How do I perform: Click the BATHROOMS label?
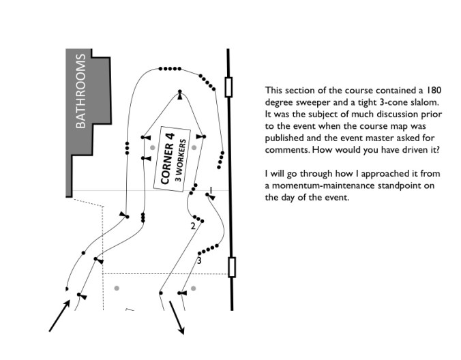tap(81, 91)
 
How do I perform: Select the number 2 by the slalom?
tap(193, 226)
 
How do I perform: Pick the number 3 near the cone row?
tap(199, 260)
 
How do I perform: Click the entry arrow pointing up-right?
tap(59, 316)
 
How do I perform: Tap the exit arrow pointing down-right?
tap(177, 318)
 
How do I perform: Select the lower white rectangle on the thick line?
tap(232, 267)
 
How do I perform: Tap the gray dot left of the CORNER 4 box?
tap(144, 147)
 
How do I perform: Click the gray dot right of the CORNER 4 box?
tap(194, 147)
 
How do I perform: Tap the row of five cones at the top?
tap(170, 69)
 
